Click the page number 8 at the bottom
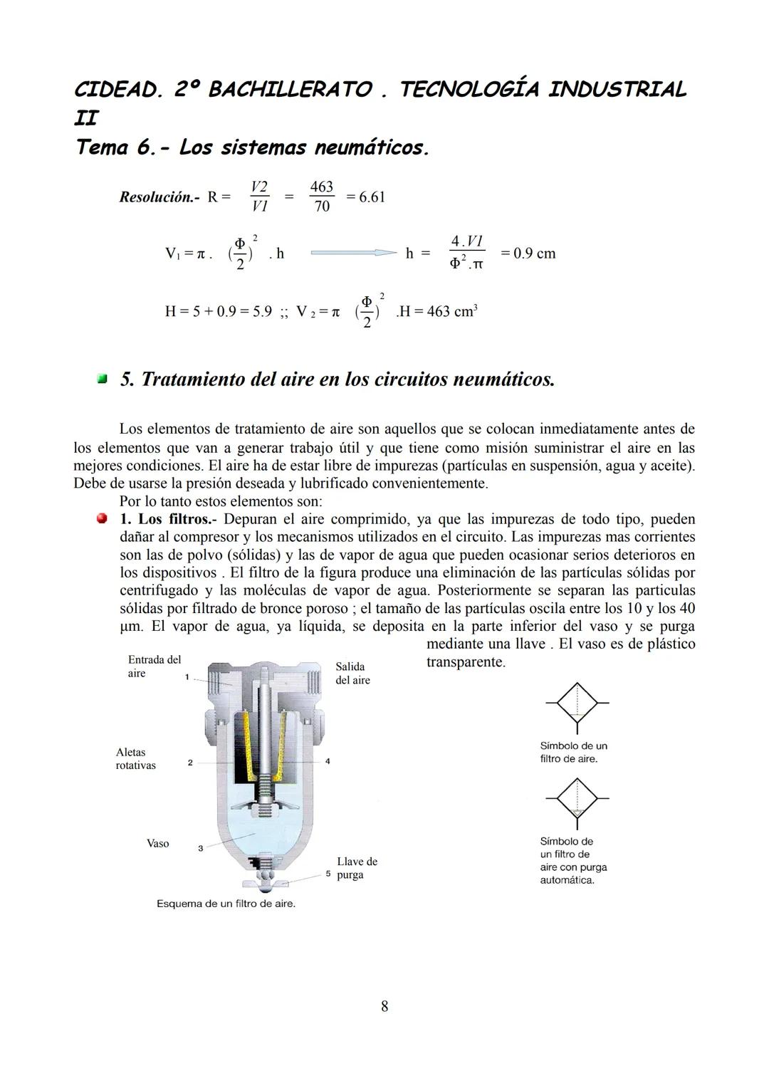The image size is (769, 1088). pyautogui.click(x=384, y=1006)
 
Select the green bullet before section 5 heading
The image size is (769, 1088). pyautogui.click(x=103, y=379)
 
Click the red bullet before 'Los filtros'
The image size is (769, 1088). pyautogui.click(x=103, y=518)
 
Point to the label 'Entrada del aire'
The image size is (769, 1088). pyautogui.click(x=154, y=666)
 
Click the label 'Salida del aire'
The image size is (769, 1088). pyautogui.click(x=352, y=673)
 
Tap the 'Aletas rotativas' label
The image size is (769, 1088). pyautogui.click(x=135, y=758)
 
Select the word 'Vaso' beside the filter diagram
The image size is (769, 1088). pyautogui.click(x=157, y=844)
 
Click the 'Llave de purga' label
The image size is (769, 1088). pyautogui.click(x=357, y=868)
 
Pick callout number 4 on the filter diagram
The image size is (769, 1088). pyautogui.click(x=328, y=762)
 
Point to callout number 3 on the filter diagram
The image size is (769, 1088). pyautogui.click(x=200, y=848)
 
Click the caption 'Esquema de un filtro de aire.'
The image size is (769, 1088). pyautogui.click(x=226, y=904)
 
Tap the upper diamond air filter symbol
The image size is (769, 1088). pyautogui.click(x=577, y=703)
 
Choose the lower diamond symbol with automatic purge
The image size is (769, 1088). pyautogui.click(x=577, y=800)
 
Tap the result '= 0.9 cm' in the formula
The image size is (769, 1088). pyautogui.click(x=528, y=253)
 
